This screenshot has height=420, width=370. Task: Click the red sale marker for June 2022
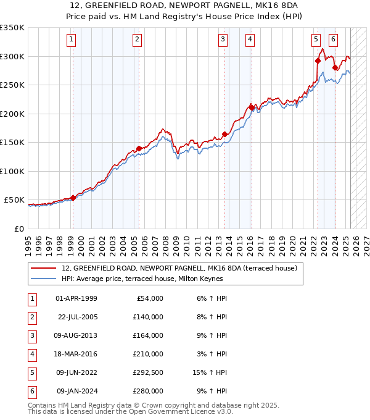tap(318, 61)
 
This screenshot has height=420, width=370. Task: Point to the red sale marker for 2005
tap(139, 148)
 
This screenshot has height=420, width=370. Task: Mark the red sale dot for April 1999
tap(73, 198)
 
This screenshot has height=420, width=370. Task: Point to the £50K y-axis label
tap(14, 200)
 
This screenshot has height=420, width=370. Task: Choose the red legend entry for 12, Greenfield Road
tap(179, 268)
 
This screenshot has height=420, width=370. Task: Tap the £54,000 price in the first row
tap(149, 298)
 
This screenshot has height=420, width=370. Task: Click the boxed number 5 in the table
tap(31, 372)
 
